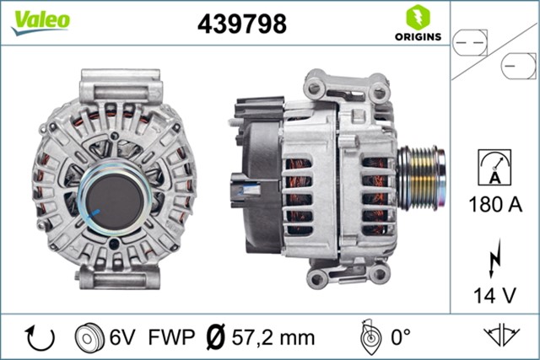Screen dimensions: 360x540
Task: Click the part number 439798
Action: pyautogui.click(x=242, y=24)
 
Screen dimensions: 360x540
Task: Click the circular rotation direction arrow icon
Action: pyautogui.click(x=40, y=337)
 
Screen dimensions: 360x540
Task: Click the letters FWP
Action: pyautogui.click(x=170, y=338)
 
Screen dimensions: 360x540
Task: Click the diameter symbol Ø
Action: pyautogui.click(x=215, y=338)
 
